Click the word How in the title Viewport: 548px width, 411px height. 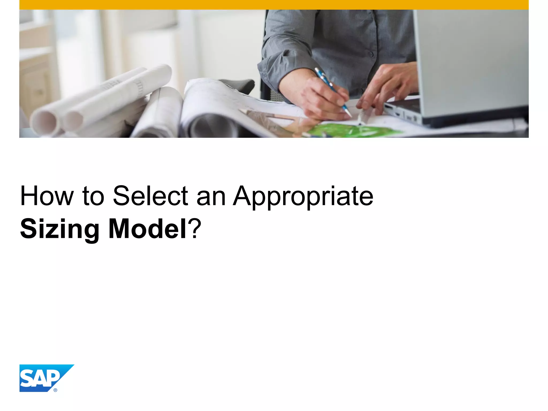[x=47, y=196]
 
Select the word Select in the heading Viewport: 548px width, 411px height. [x=150, y=196]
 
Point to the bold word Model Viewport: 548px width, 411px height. [x=147, y=229]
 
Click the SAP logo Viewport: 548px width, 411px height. [x=43, y=378]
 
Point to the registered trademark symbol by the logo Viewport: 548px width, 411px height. [x=55, y=390]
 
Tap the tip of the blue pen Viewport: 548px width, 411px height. [x=351, y=116]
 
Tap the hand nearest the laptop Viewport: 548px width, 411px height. [x=388, y=86]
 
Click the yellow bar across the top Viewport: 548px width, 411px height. [x=274, y=5]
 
